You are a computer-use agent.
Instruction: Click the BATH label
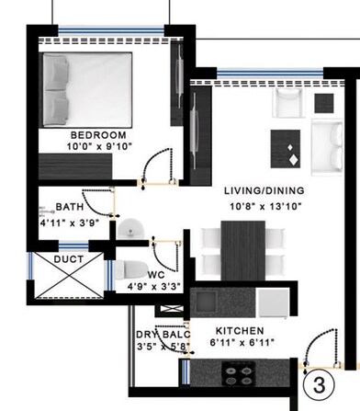[x=70, y=208]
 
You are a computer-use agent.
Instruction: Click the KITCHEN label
[x=240, y=330]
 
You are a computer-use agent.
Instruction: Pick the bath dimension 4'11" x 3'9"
[x=70, y=222]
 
